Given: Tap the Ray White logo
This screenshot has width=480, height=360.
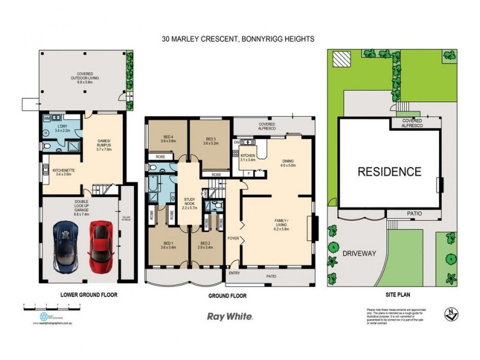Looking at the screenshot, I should [x=230, y=316].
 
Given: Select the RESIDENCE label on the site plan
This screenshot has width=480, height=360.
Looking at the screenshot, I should [x=389, y=172].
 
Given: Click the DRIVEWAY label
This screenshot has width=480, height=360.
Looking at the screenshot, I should [x=359, y=253].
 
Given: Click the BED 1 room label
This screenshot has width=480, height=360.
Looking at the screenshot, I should [x=167, y=245].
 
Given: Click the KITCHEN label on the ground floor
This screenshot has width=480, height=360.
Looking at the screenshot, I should [x=247, y=157].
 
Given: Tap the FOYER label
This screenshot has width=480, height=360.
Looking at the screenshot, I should [x=233, y=238].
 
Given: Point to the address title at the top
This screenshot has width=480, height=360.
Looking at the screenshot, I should [x=238, y=39].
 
